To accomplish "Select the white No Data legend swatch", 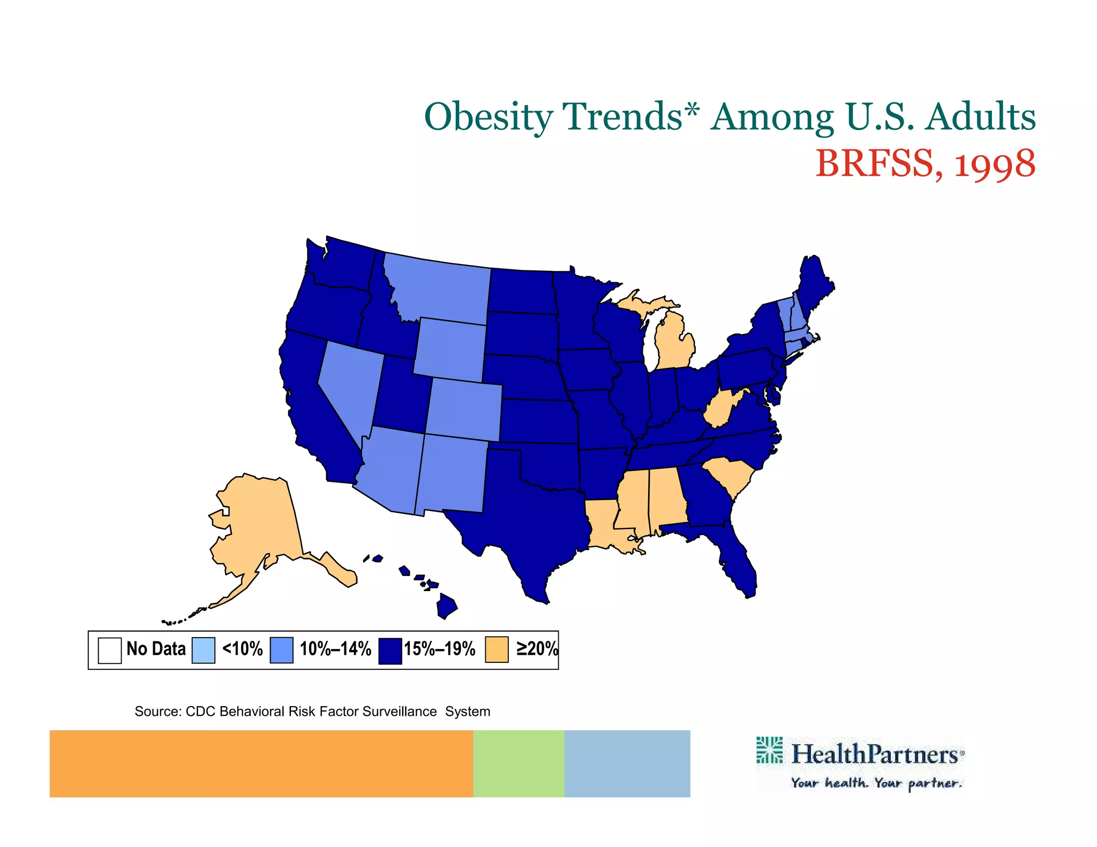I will (110, 650).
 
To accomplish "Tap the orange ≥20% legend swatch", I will (497, 649).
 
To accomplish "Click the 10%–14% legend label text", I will (335, 649).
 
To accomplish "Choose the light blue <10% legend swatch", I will (204, 650).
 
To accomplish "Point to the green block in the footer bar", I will (519, 763).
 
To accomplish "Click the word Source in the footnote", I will (158, 712).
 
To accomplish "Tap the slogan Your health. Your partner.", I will (876, 783).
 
